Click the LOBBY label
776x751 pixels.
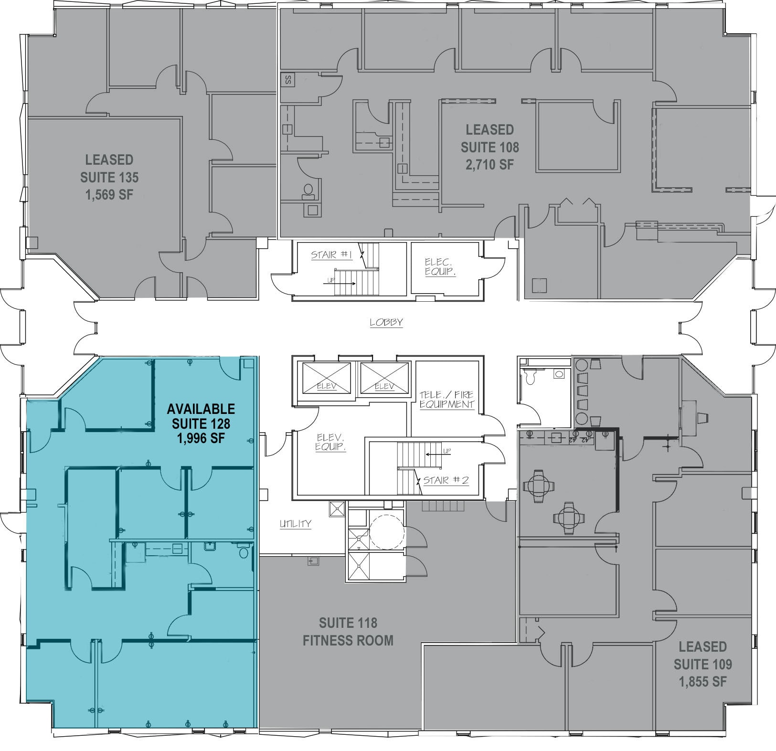386,322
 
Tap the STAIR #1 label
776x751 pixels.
331,255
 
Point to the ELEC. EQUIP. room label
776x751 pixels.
440,267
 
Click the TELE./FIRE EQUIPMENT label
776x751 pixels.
447,399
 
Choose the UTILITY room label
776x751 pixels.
296,524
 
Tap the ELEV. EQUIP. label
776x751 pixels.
330,443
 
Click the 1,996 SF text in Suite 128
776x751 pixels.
201,438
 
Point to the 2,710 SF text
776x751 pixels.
489,165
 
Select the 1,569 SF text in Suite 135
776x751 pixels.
109,195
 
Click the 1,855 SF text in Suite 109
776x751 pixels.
702,682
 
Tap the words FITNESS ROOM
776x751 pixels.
348,640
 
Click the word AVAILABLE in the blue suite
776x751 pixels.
201,409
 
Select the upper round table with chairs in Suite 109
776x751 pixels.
539,487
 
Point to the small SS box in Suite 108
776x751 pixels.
288,79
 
